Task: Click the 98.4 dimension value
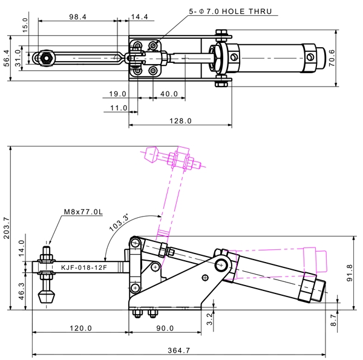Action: click(x=78, y=17)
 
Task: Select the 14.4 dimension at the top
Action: click(x=139, y=17)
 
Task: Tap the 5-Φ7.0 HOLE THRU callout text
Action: click(x=231, y=11)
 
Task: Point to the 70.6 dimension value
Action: click(x=332, y=58)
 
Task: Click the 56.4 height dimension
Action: click(x=7, y=58)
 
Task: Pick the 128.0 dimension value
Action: click(x=180, y=121)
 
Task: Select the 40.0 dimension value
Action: click(x=169, y=94)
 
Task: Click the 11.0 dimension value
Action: click(x=119, y=108)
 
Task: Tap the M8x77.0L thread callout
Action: click(x=83, y=212)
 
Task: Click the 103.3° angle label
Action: click(x=119, y=223)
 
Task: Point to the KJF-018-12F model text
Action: click(x=84, y=267)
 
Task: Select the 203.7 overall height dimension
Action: click(x=6, y=228)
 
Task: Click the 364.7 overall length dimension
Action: click(x=178, y=350)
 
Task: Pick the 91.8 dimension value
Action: click(x=350, y=273)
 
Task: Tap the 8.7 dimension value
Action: click(x=333, y=320)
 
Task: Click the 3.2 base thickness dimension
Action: click(x=209, y=319)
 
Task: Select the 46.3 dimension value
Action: click(x=21, y=291)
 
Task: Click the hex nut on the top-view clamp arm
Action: click(x=47, y=58)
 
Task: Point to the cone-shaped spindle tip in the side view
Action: click(x=47, y=297)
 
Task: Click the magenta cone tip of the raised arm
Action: click(x=151, y=154)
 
